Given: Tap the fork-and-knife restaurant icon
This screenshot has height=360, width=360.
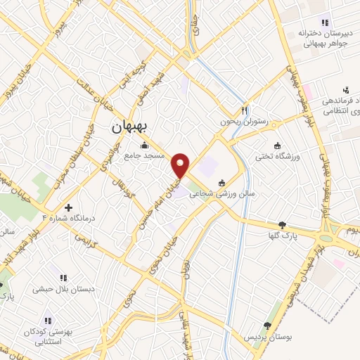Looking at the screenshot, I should click(245, 110).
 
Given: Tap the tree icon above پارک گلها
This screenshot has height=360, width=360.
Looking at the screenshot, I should click(283, 225).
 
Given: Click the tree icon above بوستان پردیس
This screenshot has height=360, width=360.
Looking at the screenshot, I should click(267, 326).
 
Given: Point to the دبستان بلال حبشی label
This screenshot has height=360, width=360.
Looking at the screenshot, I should click(63, 288).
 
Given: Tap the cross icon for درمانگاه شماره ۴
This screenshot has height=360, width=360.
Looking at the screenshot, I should click(67, 207).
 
